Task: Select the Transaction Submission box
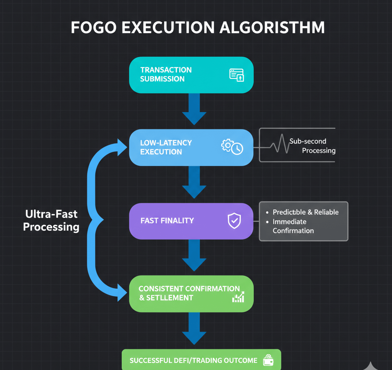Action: (x=191, y=75)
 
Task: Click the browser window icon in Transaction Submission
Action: (x=237, y=75)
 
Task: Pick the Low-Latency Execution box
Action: (x=191, y=147)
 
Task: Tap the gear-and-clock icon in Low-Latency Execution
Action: (x=232, y=147)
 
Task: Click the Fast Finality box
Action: (x=191, y=221)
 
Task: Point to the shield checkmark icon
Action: (x=234, y=221)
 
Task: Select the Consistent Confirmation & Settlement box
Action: (x=191, y=293)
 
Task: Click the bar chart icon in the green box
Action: (x=238, y=297)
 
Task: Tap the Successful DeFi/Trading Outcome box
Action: (x=201, y=360)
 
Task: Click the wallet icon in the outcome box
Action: (x=268, y=360)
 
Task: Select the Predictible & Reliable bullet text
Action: (x=305, y=212)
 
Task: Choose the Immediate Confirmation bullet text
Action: (x=293, y=226)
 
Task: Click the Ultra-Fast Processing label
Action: (x=51, y=220)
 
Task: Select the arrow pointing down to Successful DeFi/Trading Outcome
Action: (x=194, y=328)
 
